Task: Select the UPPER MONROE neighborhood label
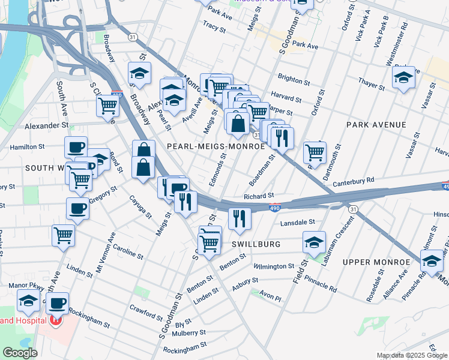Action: pyautogui.click(x=371, y=262)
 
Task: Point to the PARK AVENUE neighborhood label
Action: pyautogui.click(x=376, y=125)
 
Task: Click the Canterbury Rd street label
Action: pyautogui.click(x=353, y=179)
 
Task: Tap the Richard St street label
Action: pyautogui.click(x=259, y=196)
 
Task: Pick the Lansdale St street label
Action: pyautogui.click(x=298, y=222)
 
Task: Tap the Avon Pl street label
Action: pyautogui.click(x=270, y=294)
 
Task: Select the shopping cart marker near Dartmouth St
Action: pyautogui.click(x=315, y=152)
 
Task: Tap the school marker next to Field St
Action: pyautogui.click(x=314, y=242)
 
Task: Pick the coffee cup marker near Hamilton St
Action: pyautogui.click(x=76, y=147)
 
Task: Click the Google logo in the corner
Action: pyautogui.click(x=20, y=353)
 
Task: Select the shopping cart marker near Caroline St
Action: pyautogui.click(x=63, y=236)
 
